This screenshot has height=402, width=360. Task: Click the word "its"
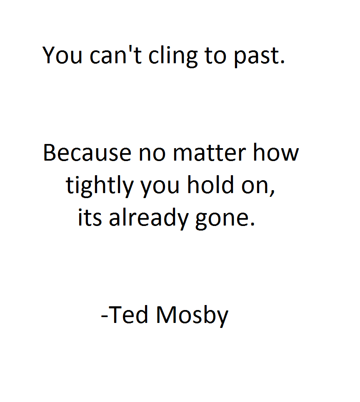click(89, 218)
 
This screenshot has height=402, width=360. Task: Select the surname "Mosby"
click(192, 315)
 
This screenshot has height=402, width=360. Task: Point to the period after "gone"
click(251, 224)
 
